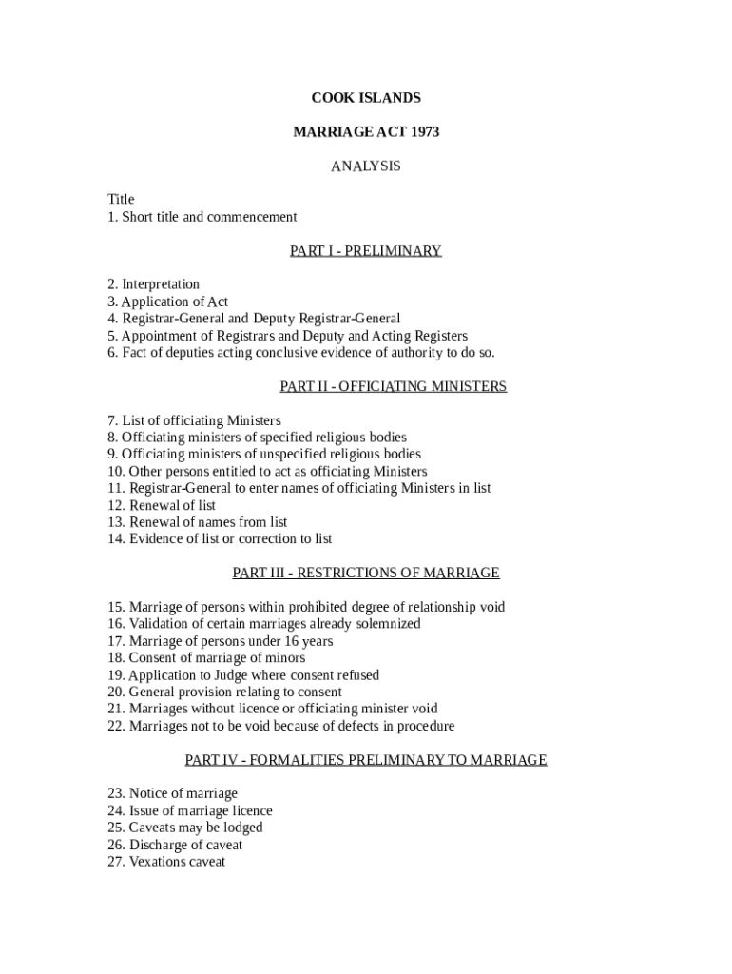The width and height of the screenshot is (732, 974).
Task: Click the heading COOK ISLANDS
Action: [x=366, y=98]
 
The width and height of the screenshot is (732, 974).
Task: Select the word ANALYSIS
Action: [x=366, y=166]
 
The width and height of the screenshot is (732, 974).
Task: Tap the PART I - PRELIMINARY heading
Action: [x=366, y=251]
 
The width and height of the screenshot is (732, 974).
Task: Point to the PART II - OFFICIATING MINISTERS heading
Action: [x=394, y=386]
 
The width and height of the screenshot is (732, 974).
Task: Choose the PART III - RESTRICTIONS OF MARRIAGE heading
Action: [x=366, y=573]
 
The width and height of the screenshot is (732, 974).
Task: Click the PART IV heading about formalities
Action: [x=366, y=760]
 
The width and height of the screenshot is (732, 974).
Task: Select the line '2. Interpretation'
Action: [x=153, y=284]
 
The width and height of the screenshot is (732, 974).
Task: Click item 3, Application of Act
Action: [x=167, y=302]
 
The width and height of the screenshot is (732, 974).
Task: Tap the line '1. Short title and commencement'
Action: [x=202, y=217]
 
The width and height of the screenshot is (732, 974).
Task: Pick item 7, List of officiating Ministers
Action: [x=194, y=420]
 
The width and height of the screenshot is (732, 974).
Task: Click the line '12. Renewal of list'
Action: [x=162, y=505]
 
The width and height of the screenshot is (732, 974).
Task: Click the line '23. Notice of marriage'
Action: [x=172, y=793]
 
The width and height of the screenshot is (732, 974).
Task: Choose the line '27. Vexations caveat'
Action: [x=166, y=862]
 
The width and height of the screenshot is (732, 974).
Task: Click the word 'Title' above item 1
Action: [x=121, y=200]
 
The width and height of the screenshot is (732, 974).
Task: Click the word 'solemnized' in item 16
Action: [x=386, y=624]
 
